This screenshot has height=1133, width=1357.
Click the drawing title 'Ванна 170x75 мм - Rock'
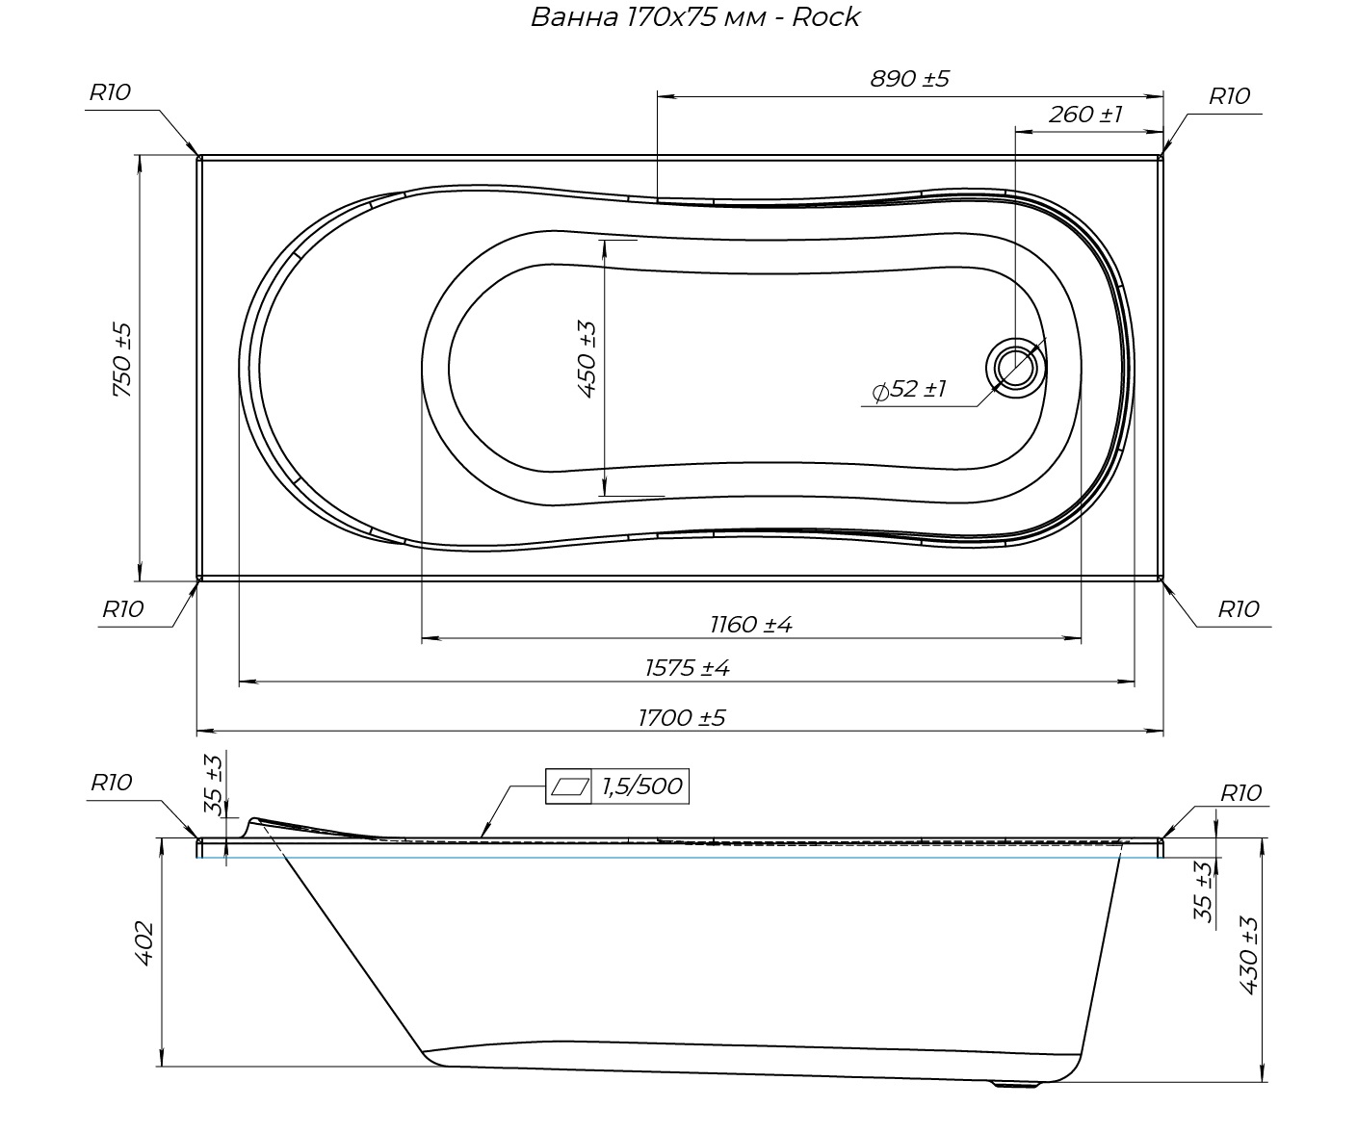click(x=695, y=17)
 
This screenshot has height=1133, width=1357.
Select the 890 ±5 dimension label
click(x=910, y=79)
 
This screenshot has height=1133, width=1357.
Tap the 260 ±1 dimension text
click(x=1085, y=115)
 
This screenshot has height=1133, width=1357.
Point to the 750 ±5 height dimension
click(x=122, y=360)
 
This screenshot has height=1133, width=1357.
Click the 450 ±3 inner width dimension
click(x=587, y=359)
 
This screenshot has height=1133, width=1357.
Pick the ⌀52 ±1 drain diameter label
click(x=910, y=390)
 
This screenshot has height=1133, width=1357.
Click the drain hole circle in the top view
click(x=1016, y=367)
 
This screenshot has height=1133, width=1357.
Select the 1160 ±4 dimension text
click(x=751, y=625)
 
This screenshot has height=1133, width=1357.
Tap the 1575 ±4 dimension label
click(x=688, y=668)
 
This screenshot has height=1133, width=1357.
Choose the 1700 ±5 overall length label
click(x=682, y=718)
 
